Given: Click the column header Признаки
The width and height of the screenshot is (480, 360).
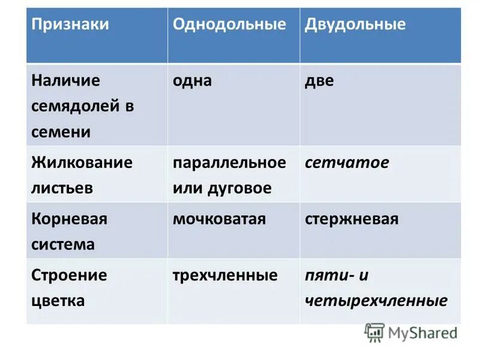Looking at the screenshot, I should point(70,25).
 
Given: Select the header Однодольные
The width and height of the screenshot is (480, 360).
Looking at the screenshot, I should point(229,25).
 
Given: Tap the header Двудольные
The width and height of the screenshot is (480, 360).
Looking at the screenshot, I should point(355,25).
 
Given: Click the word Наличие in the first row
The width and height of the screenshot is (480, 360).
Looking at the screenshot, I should point(66,80).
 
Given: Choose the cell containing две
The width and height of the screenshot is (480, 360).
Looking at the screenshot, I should point(319,80).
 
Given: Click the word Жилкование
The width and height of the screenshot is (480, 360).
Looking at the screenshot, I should point(82,163).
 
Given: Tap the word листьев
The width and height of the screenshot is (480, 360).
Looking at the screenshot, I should point(62,188).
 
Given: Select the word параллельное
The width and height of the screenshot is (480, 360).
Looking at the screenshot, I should point(229,163).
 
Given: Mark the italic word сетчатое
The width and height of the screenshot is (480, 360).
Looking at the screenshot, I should point(347,163).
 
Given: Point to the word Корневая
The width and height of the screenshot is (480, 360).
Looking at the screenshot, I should point(69,219).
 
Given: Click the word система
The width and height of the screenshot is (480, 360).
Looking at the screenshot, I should point(63,244).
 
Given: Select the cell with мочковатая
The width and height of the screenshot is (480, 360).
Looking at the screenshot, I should point(219,219).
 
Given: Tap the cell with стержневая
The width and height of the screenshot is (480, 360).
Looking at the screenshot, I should point(352,219).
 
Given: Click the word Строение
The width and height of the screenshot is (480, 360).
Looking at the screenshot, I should point(69,275).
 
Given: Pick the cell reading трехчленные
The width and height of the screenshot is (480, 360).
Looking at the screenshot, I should point(225,275).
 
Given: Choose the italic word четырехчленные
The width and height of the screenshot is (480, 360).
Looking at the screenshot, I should point(376,301).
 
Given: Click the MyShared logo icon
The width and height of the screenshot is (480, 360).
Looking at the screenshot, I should point(374,332).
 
